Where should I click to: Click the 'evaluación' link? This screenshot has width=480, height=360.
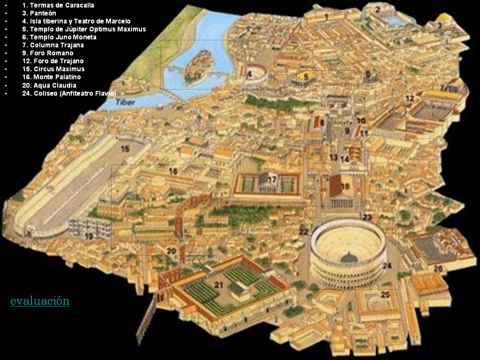(40, 301)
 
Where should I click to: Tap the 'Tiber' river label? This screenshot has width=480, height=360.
(125, 102)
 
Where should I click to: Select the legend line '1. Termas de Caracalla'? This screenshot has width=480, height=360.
(58, 5)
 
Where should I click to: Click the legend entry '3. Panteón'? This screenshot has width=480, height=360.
(43, 13)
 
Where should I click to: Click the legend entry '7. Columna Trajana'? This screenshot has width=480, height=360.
(53, 45)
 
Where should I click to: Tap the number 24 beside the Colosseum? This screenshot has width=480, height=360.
(387, 266)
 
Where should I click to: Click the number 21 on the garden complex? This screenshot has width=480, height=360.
(219, 284)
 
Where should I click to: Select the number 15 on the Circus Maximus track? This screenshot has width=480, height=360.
(125, 149)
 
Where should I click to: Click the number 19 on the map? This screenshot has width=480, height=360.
(89, 236)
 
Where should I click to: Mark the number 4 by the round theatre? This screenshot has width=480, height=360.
(250, 74)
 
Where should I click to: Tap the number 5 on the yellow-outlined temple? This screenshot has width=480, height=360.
(306, 77)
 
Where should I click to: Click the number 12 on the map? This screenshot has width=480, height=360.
(410, 98)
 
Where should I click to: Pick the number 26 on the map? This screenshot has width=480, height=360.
(438, 269)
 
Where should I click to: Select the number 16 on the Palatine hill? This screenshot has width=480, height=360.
(173, 172)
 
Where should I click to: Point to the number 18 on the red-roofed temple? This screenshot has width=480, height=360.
(345, 186)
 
